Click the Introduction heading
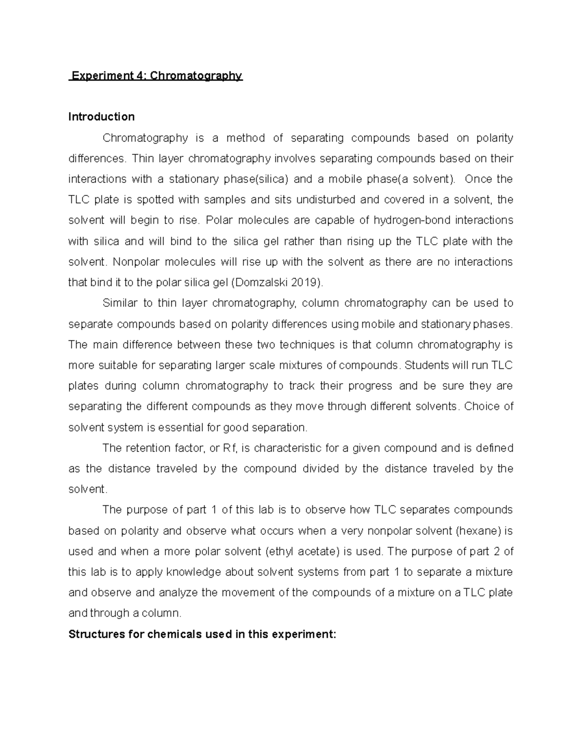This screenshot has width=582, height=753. coord(101,117)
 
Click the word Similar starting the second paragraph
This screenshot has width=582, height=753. coord(119,304)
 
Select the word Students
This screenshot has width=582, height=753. coord(426,365)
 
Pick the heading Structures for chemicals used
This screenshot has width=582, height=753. coord(202,634)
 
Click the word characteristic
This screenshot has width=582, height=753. coord(288,448)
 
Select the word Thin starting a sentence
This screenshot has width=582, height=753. coord(142,159)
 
